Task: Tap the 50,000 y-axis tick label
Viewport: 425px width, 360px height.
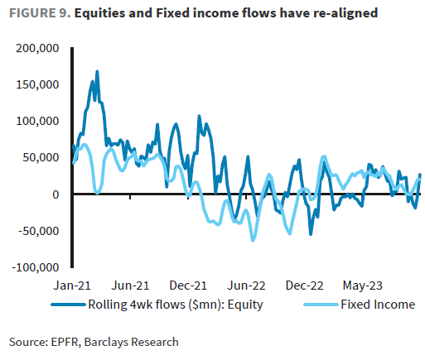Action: point(41,157)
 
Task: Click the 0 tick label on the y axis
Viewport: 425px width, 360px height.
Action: point(55,194)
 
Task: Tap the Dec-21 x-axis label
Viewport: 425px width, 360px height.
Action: point(189,285)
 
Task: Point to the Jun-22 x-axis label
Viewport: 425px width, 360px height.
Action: point(246,285)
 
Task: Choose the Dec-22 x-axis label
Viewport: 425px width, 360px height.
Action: point(304,285)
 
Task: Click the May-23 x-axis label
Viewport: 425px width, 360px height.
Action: point(361,285)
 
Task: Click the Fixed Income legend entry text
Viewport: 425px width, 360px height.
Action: point(377,304)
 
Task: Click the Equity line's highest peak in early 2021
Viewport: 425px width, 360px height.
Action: point(97,71)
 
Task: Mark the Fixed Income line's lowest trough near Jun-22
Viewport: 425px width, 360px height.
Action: point(253,240)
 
